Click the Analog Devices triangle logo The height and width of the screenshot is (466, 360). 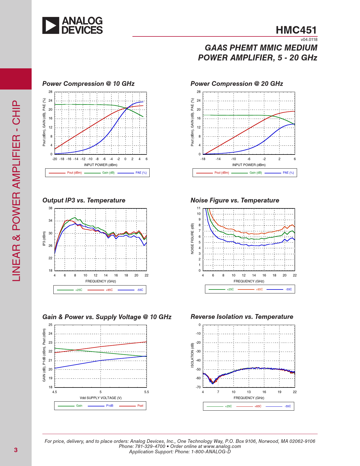tap(51, 25)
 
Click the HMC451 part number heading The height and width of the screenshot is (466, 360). tap(296, 30)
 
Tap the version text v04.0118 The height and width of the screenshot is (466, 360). tap(309, 40)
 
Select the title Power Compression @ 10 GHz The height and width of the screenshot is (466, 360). tap(88, 84)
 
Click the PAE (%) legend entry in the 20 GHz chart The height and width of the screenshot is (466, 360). tap(288, 173)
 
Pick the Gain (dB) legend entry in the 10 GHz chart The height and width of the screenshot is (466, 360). tap(108, 173)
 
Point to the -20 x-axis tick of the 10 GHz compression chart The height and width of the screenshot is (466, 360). tap(54, 159)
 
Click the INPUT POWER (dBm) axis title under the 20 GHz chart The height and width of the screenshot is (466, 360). tap(249, 165)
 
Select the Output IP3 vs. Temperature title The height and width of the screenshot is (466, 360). tap(84, 200)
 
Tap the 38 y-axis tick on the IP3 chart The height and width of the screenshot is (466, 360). tap(51, 208)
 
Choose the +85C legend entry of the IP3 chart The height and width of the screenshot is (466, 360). tap(109, 290)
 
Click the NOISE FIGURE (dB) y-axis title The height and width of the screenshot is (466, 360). tap(193, 239)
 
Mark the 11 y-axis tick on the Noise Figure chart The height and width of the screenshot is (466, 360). tap(199, 208)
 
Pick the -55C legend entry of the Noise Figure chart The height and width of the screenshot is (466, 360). tap(289, 289)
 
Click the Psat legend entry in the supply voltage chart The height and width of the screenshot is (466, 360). tap(140, 406)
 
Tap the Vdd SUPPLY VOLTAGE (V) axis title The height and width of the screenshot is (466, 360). tap(101, 398)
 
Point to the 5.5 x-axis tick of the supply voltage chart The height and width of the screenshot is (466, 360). tap(147, 392)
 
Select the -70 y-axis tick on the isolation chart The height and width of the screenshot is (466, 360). tap(198, 387)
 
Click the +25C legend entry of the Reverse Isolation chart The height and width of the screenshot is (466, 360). tap(228, 406)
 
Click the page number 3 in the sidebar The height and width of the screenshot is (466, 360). tap(16, 450)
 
